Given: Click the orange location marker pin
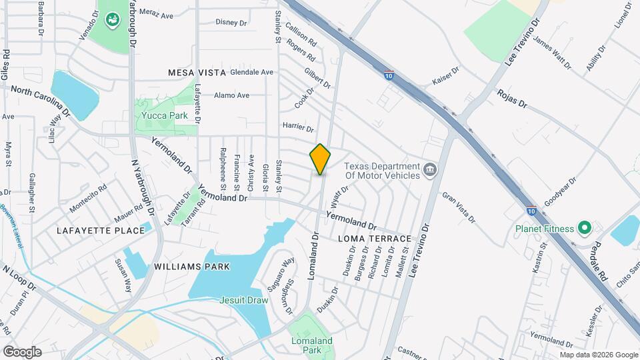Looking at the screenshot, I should pos(320,159).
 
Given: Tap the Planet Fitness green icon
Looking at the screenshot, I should pos(585,229).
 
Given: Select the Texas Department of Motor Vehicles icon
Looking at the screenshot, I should pos(430,169).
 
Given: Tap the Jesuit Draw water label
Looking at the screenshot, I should pos(244,300).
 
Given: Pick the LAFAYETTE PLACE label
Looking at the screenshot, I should pos(101,231).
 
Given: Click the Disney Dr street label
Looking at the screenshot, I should pos(231,22).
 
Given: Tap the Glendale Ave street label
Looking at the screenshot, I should pos(252,72).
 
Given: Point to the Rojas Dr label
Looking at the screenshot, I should pos(512,99).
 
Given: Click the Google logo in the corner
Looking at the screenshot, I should pos(22,352).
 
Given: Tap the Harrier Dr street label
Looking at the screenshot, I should pos(298,127).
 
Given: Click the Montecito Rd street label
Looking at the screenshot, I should pos(88,198).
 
